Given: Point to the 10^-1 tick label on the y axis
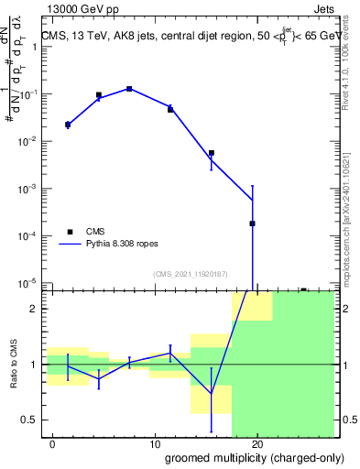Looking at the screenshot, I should coord(31,94).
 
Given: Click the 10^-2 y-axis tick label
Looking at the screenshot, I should coord(31,141).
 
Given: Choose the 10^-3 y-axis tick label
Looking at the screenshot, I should coord(31,188).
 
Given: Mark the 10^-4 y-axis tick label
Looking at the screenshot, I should coord(31,235).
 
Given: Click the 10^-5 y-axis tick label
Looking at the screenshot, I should coord(31,282).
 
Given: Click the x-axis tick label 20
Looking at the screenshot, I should coord(257,443).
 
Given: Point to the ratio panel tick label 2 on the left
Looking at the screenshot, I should coord(35,309).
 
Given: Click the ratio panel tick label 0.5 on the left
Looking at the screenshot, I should coord(31,420).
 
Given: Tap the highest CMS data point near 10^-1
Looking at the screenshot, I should coord(129,89).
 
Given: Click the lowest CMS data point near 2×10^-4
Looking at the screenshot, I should coord(252,224).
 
